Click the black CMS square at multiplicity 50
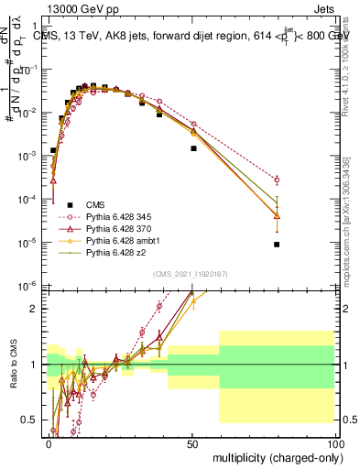[x=193, y=147]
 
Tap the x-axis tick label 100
[x=334, y=442]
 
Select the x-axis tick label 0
[x=49, y=442]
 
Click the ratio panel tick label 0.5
[x=28, y=420]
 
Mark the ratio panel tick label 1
[x=32, y=365]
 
